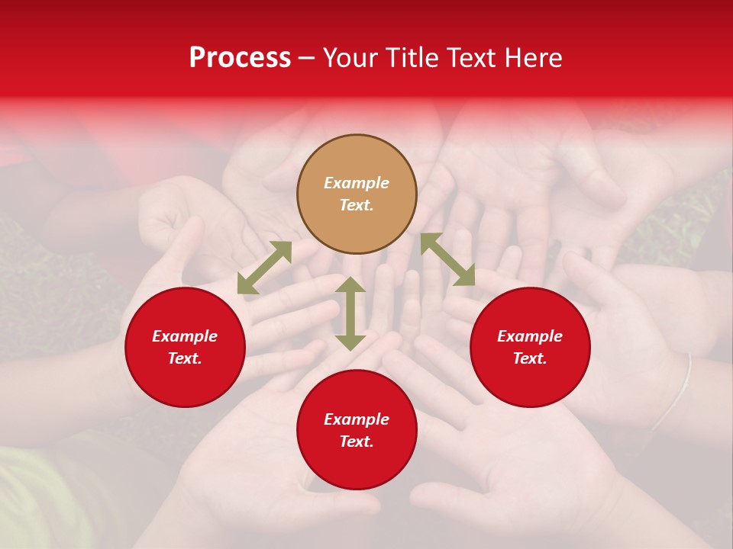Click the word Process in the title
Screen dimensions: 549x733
(x=240, y=58)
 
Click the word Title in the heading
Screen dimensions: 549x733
(x=409, y=58)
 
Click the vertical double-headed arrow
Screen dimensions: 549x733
(x=350, y=313)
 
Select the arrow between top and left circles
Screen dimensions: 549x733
(x=264, y=268)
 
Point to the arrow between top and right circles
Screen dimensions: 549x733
(x=447, y=259)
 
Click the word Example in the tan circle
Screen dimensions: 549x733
(x=357, y=183)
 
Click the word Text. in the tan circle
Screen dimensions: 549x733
(x=357, y=205)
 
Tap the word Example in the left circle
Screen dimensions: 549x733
(x=185, y=336)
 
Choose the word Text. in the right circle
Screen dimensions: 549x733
(x=530, y=358)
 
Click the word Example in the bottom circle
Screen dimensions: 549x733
(x=357, y=419)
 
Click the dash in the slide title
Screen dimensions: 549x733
(x=307, y=59)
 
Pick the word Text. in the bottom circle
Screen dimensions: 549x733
(x=357, y=441)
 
